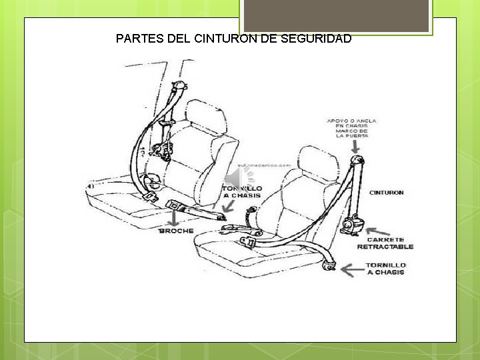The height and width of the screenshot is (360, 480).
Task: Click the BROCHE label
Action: tap(176, 231)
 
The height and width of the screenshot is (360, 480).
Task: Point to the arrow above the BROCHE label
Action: tap(175, 217)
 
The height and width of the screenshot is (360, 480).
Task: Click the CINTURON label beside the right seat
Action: tap(387, 193)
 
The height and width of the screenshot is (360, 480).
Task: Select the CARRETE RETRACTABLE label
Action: tap(385, 243)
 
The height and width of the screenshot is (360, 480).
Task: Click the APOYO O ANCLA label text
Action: tap(351, 121)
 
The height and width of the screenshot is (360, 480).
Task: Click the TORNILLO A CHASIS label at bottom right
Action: tap(386, 268)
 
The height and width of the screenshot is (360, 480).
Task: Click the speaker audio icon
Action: tap(239, 178)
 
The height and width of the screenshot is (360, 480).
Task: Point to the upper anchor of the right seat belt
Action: tap(358, 161)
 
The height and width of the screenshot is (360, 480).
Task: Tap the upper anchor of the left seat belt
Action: tap(179, 87)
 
